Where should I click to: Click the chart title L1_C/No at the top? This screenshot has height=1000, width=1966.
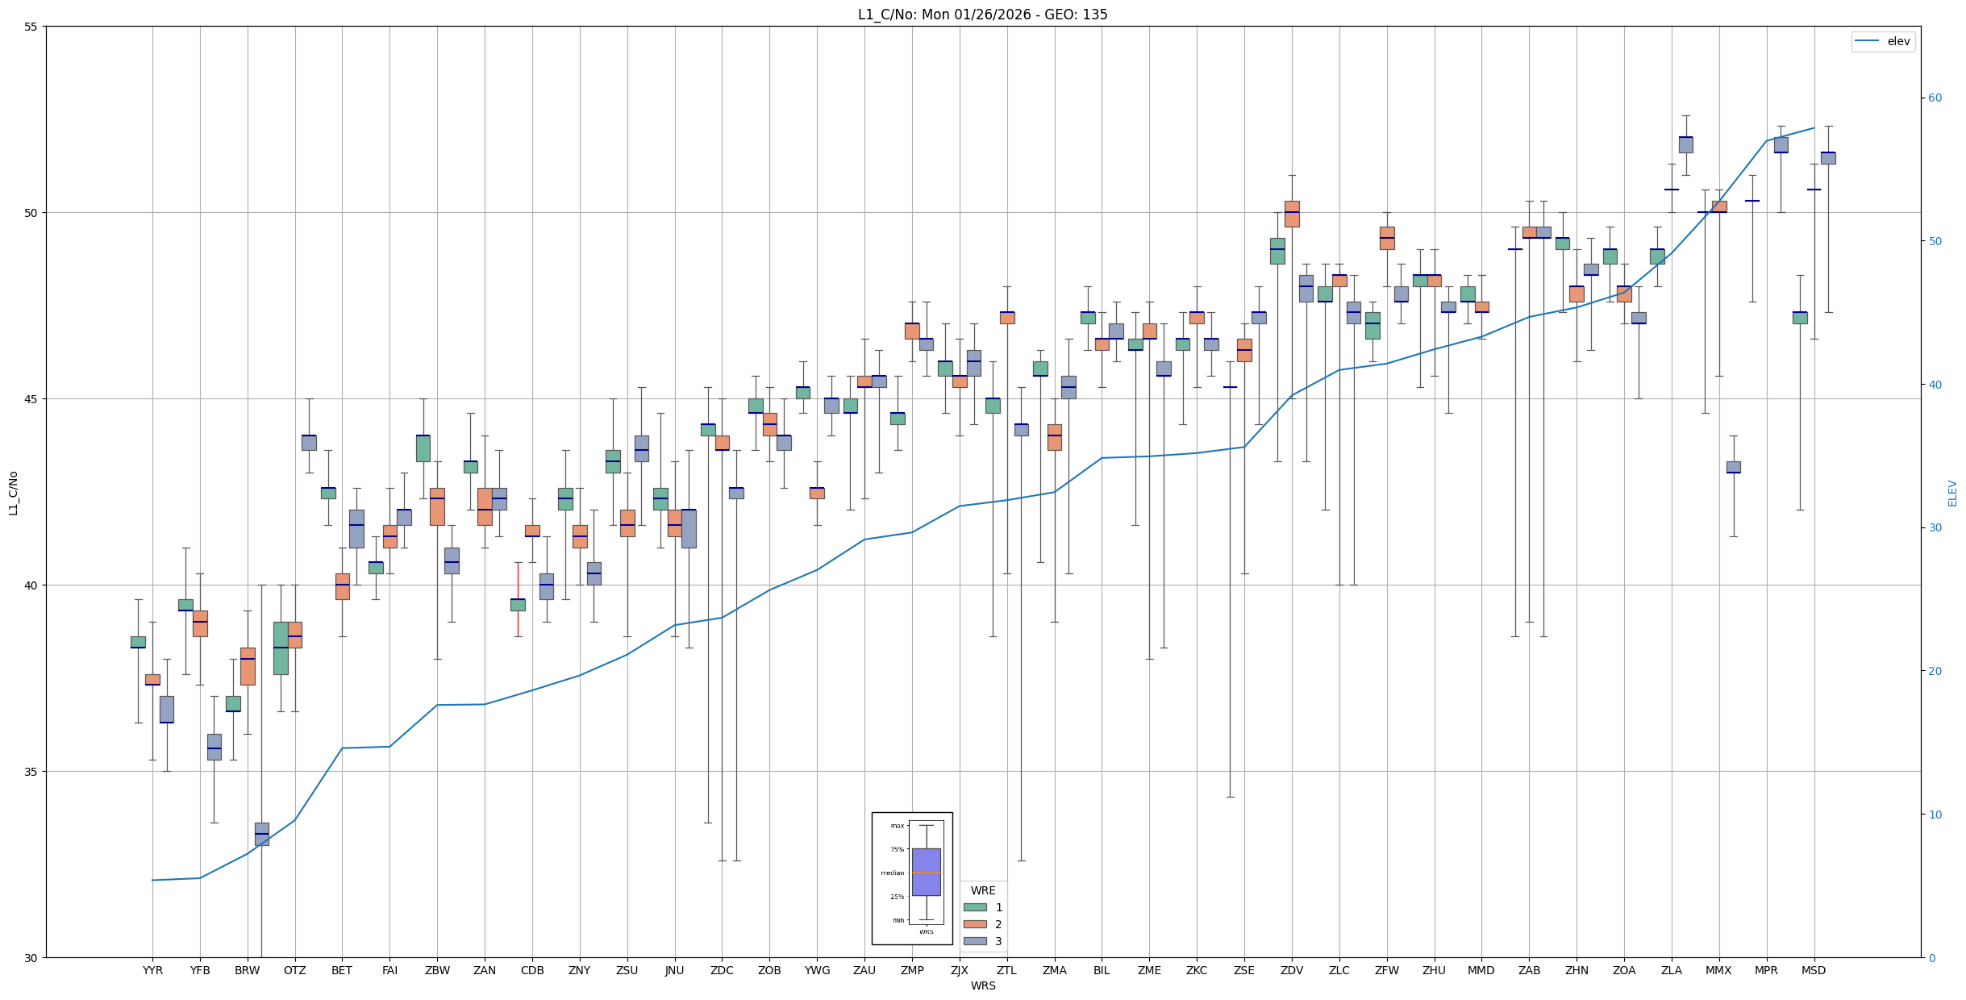click(x=982, y=15)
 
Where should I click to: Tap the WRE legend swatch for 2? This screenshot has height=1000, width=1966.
click(x=975, y=924)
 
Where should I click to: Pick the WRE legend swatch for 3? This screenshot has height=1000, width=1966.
click(x=975, y=941)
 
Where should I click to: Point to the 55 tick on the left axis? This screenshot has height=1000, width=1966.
click(x=31, y=27)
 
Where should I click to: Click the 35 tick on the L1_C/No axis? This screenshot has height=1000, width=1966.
click(x=31, y=772)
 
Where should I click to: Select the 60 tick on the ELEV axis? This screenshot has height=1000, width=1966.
click(x=1935, y=98)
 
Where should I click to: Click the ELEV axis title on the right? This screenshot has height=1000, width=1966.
click(x=1952, y=493)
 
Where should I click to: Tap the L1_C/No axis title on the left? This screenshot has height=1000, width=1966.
click(x=13, y=493)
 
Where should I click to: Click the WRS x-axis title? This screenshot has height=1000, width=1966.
click(x=982, y=985)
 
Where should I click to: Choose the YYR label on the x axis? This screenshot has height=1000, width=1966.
click(x=152, y=970)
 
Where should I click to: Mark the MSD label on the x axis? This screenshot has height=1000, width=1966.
click(x=1814, y=970)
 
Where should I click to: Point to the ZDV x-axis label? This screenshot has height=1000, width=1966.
click(x=1292, y=970)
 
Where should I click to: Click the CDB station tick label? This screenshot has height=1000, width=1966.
click(x=532, y=970)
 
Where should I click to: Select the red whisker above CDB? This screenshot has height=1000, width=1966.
click(x=518, y=581)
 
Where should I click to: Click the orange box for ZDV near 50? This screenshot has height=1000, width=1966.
click(x=1292, y=214)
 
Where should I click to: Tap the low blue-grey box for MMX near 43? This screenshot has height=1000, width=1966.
click(x=1734, y=467)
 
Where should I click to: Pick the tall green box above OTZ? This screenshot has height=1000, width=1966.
click(x=281, y=648)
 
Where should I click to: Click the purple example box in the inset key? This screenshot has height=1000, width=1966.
click(x=926, y=872)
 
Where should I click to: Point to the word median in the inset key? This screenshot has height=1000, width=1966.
click(x=892, y=873)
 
